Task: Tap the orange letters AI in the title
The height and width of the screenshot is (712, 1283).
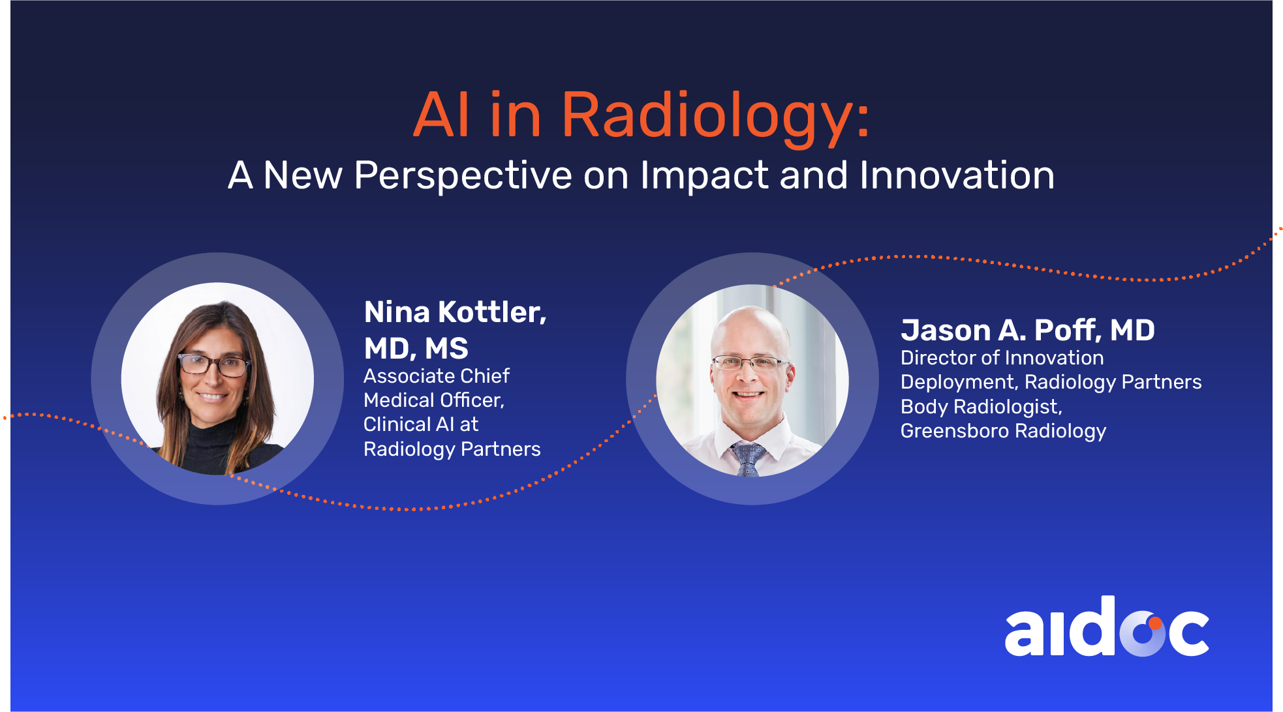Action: pos(441,115)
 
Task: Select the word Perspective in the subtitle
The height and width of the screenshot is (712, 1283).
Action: pos(463,177)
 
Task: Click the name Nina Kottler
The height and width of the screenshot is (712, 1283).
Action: pos(455,312)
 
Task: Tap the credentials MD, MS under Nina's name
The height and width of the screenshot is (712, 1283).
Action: pos(416,349)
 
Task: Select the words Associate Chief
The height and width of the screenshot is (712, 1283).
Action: pos(437,376)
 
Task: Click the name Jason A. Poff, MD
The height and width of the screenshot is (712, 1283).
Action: pos(1028,330)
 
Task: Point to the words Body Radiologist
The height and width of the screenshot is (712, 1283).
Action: pos(982,407)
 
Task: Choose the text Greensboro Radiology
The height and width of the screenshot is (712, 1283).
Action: pos(1004,431)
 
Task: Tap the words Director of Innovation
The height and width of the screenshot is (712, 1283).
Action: pos(1002,358)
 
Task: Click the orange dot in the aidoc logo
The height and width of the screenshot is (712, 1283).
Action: pos(1156,623)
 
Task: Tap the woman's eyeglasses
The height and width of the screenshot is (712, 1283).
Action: pos(214,365)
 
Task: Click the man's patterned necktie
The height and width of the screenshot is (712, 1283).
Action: pos(747,459)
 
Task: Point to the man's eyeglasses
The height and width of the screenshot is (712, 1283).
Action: pos(749,363)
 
